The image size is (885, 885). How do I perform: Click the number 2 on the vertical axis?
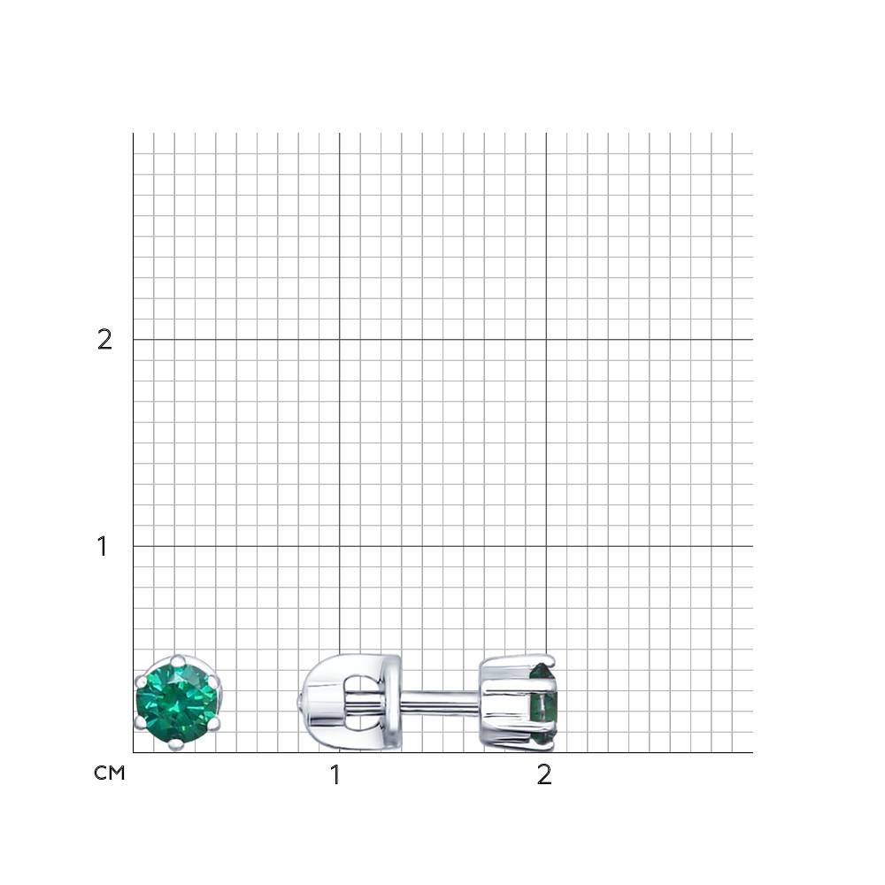pos(104,340)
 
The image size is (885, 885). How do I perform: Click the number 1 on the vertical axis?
pos(102,546)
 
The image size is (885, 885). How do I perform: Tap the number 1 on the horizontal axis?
pos(335,775)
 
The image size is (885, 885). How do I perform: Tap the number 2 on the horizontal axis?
pos(544,775)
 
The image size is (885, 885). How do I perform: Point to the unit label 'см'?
pos(109,773)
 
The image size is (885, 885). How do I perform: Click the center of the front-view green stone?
pos(177,703)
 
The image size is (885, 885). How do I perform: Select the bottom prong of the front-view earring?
pos(177,744)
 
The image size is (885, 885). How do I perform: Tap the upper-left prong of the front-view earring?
pos(141,681)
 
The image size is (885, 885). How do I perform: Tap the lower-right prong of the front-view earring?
pos(214,723)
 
